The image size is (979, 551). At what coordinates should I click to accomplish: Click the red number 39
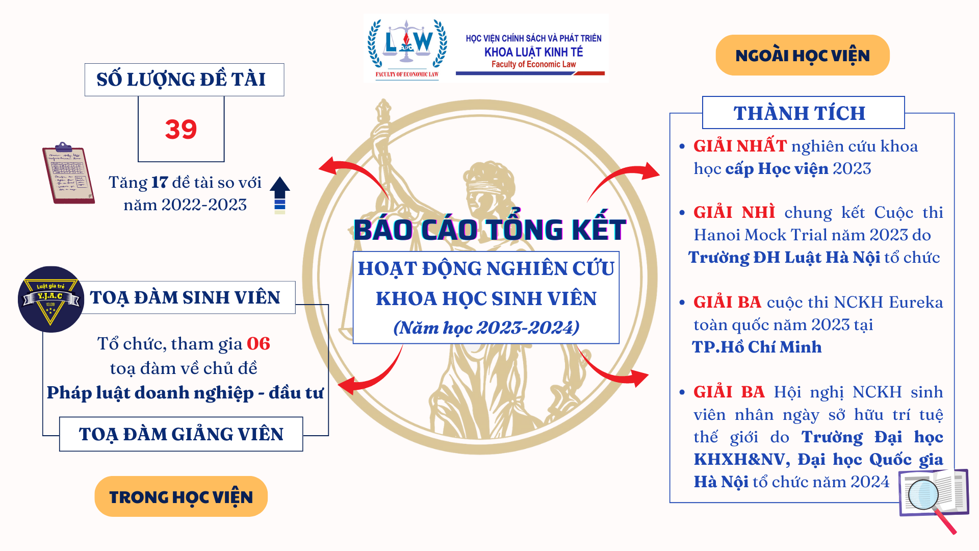pos(181,129)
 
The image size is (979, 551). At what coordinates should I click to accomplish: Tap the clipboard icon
pos(68,174)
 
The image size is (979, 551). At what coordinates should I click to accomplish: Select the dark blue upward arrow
pos(279,194)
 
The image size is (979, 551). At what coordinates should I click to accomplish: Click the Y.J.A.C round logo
pos(50,299)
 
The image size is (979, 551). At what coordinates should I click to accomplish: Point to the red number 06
pos(258,344)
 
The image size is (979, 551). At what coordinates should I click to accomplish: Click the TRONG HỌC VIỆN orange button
pos(181,496)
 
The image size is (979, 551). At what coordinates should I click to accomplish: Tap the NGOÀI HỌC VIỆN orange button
pos(802,55)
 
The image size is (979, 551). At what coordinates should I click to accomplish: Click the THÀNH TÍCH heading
pos(800,113)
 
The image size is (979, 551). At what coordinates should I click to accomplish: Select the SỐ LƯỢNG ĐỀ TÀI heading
pos(182,80)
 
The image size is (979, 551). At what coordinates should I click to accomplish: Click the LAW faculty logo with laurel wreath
pos(407,47)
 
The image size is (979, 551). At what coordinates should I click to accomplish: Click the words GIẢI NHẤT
pos(740,146)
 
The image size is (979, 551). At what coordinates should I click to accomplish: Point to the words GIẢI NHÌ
pos(734,212)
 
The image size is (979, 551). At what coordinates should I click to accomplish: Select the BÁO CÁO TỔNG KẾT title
pos(489,230)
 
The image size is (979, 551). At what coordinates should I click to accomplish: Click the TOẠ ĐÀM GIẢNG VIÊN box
pos(181,434)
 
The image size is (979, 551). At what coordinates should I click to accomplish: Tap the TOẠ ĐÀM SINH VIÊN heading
pos(185,297)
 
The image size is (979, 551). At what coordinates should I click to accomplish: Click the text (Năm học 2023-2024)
pos(486,328)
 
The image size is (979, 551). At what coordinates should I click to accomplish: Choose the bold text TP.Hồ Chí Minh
pos(757,347)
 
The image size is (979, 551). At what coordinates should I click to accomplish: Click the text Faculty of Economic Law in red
pos(533,64)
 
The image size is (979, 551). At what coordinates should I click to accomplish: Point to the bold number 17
pos(160,183)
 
